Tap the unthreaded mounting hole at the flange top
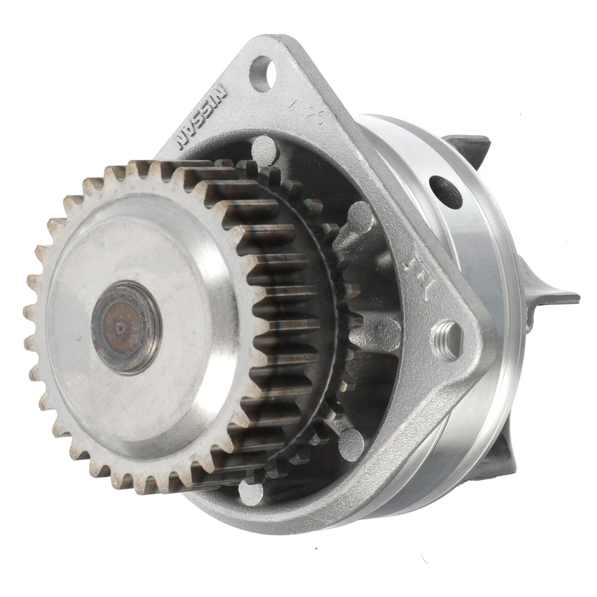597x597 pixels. (x=261, y=73)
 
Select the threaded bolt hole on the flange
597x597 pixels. (x=447, y=340)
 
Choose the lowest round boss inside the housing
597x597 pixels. (x=251, y=493)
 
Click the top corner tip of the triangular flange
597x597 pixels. (x=274, y=42)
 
